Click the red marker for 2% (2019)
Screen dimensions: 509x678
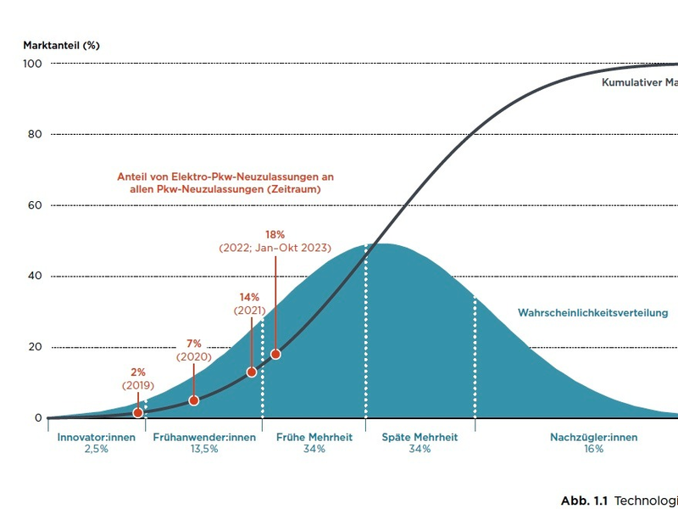point(137,412)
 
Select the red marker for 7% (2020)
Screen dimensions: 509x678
point(194,400)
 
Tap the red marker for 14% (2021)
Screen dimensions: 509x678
point(252,372)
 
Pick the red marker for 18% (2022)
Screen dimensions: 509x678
point(275,354)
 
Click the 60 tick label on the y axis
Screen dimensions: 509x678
point(36,205)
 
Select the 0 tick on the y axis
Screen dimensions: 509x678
point(39,418)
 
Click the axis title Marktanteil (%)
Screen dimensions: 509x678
point(61,45)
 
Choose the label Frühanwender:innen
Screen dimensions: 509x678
point(204,438)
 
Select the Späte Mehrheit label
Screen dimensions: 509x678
point(420,438)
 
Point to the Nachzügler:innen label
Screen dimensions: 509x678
point(593,438)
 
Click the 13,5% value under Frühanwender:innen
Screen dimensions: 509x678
point(204,450)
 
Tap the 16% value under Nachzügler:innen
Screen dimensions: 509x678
point(593,450)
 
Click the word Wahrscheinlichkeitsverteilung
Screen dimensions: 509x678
point(592,313)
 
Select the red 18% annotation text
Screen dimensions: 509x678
point(275,234)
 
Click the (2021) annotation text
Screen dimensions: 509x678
point(249,310)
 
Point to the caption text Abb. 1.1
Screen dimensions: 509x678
point(586,499)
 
